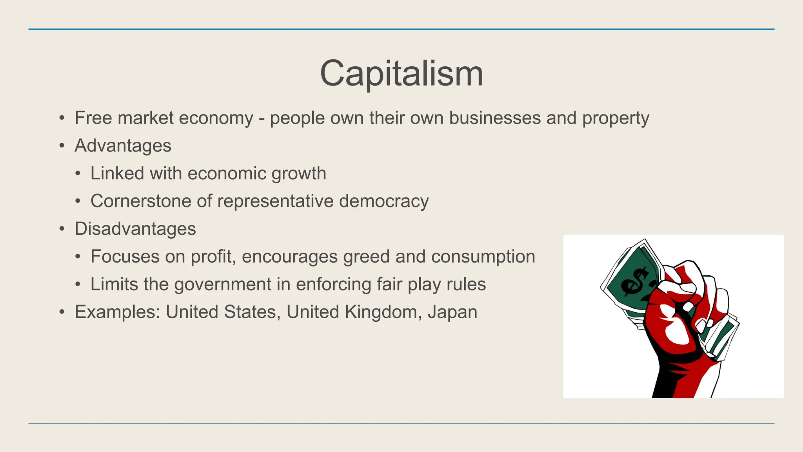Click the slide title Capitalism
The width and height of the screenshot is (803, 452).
[401, 73]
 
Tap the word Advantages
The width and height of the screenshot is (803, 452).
[123, 146]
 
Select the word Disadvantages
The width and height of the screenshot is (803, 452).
[135, 229]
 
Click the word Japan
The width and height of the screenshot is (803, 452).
[452, 312]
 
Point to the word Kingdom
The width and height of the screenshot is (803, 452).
[381, 312]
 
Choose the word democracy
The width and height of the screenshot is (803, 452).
[384, 201]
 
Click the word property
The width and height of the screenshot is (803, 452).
[616, 118]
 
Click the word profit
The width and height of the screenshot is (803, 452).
[213, 257]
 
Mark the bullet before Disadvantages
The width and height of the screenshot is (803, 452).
[62, 229]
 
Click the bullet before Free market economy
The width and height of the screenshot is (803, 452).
[62, 118]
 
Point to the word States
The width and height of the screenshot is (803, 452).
[252, 312]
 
